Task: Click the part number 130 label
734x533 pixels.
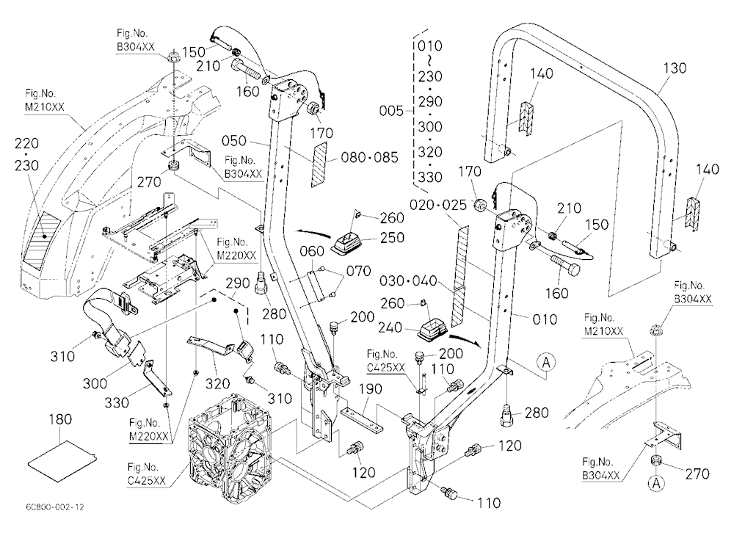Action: (x=675, y=68)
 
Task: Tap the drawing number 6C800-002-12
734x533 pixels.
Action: (x=55, y=507)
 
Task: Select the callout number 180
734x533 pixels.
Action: (x=60, y=419)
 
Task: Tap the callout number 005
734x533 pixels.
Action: (x=391, y=111)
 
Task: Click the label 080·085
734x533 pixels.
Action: (x=369, y=157)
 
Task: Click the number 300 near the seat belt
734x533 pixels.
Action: (x=95, y=383)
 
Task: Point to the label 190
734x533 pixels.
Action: (x=371, y=389)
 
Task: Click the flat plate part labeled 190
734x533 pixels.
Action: (x=363, y=420)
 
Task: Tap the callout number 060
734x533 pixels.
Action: (x=312, y=252)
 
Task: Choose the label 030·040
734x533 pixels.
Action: (x=407, y=281)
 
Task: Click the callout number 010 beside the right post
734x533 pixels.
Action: (x=545, y=320)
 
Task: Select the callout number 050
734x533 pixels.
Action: (x=234, y=140)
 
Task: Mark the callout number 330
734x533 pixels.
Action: (x=117, y=402)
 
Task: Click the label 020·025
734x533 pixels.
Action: (x=438, y=205)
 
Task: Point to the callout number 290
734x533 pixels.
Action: (x=238, y=283)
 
